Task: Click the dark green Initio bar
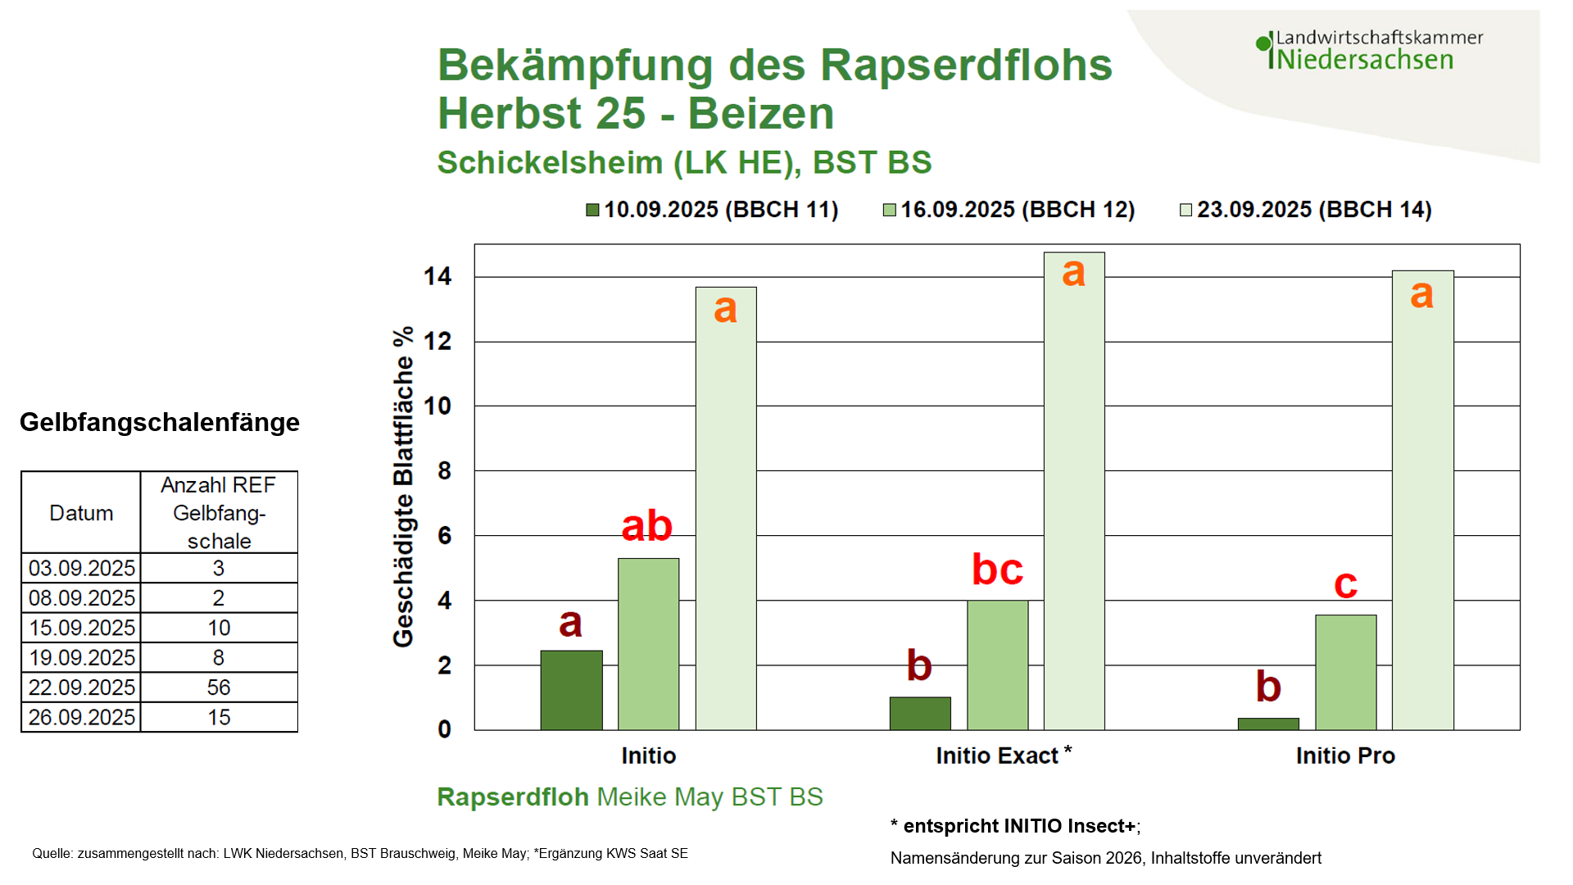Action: [x=571, y=690]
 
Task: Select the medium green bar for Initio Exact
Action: [x=997, y=665]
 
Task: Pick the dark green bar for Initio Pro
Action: [x=1268, y=724]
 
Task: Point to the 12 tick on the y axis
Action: [x=437, y=341]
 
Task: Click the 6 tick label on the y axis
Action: [x=444, y=536]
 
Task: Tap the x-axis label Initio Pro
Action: [x=1345, y=756]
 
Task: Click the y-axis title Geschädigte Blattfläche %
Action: [x=403, y=488]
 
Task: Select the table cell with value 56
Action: [x=219, y=688]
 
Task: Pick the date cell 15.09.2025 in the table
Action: [x=81, y=628]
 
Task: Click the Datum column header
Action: [x=81, y=513]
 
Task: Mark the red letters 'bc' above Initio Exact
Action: [x=997, y=570]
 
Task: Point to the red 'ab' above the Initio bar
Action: [x=646, y=526]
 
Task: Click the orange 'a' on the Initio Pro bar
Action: [x=1421, y=293]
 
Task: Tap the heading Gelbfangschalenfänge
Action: [x=160, y=422]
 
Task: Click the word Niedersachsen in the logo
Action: [x=1365, y=60]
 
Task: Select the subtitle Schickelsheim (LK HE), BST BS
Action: [x=684, y=162]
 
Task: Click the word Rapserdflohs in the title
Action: [x=966, y=66]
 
